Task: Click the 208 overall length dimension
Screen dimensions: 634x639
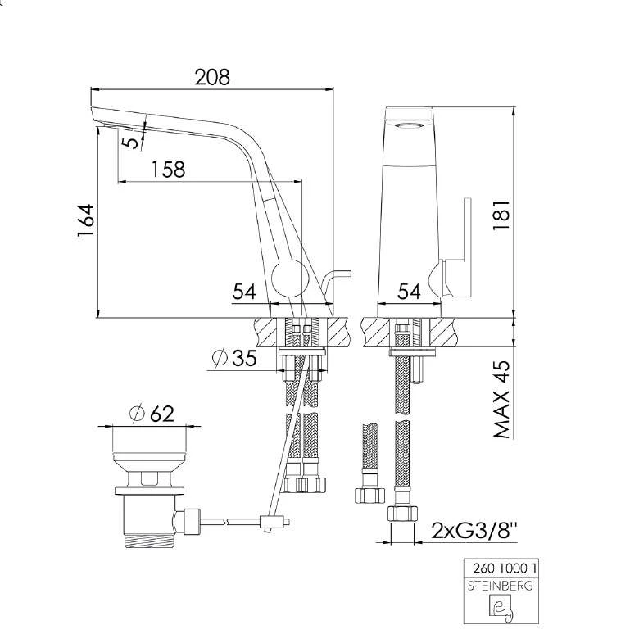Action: tap(212, 76)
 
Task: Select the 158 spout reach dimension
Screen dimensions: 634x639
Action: tap(168, 169)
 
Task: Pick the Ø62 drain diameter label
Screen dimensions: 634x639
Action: tap(152, 414)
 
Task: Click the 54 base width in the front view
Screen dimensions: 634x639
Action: tap(409, 291)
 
